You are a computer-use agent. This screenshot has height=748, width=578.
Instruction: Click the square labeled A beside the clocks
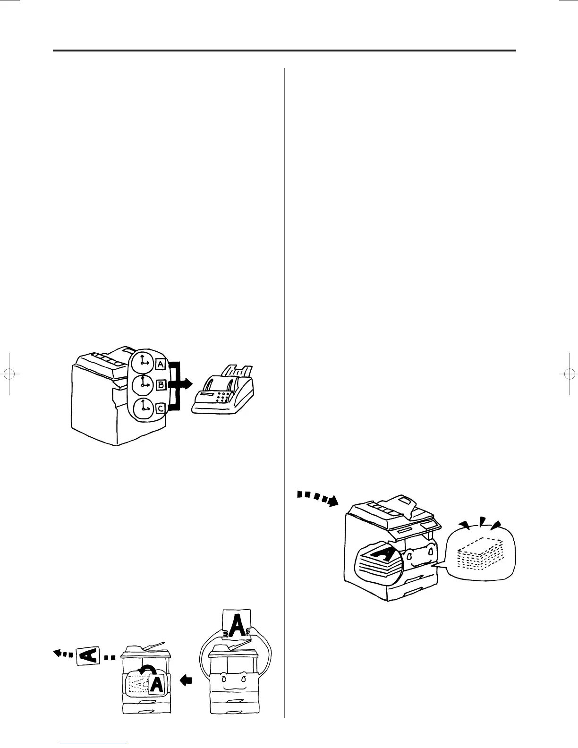pos(160,364)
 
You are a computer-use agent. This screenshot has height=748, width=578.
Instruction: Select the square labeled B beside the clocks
pos(161,385)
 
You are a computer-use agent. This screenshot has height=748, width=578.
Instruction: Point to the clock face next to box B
pos(142,385)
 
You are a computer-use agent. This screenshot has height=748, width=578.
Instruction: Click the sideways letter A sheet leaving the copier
pos(90,655)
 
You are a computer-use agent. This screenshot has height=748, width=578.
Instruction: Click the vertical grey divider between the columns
pos(285,392)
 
